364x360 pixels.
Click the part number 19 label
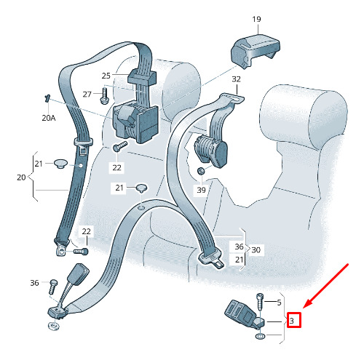(x=256, y=19)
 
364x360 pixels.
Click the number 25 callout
(x=106, y=76)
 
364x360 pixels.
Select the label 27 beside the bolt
(x=87, y=94)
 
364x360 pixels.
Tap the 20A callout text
(x=49, y=118)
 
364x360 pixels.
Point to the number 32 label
(x=237, y=79)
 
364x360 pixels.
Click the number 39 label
(x=202, y=190)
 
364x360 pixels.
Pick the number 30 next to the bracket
(x=256, y=249)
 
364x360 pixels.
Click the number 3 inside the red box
(x=292, y=321)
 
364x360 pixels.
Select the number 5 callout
(x=279, y=303)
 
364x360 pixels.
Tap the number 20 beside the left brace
(x=21, y=177)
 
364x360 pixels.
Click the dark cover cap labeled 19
(x=255, y=50)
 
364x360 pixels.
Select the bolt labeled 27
(x=104, y=96)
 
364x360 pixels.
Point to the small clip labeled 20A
(x=47, y=98)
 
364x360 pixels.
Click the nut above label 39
(x=201, y=171)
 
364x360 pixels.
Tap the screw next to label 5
(x=259, y=302)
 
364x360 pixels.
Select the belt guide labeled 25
(x=142, y=76)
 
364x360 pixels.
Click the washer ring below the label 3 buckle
(x=260, y=336)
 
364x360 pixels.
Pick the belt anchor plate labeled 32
(x=232, y=99)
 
